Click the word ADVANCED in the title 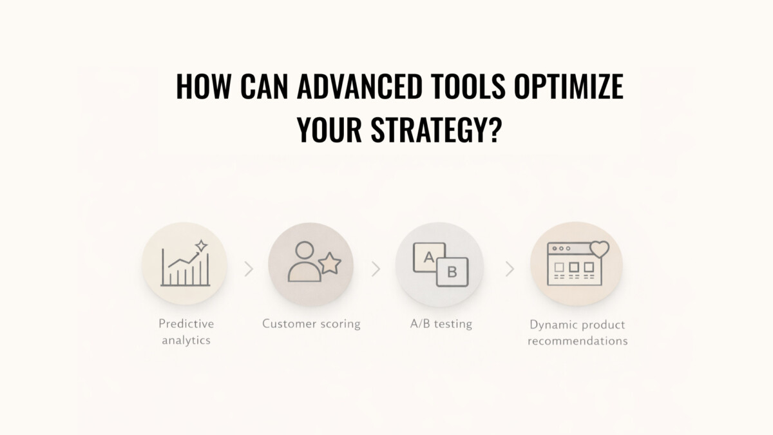359,86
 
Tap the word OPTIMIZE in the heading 569,86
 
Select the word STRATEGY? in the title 436,130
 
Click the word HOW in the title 204,86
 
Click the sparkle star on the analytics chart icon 201,246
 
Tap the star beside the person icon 330,264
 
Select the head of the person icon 305,250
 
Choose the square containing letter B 452,272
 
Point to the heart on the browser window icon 600,249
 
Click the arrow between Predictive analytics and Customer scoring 249,269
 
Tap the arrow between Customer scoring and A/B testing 376,269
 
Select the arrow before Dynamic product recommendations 510,269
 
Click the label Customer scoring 311,324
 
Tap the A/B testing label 441,324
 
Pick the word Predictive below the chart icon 186,324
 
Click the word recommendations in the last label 577,341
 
